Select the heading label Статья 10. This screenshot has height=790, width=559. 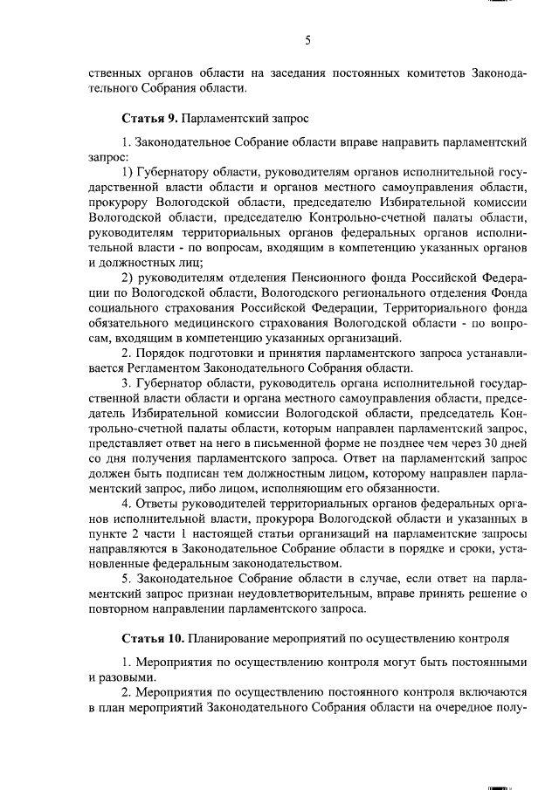pos(149,638)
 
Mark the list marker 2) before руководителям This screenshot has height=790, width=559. pos(129,278)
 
